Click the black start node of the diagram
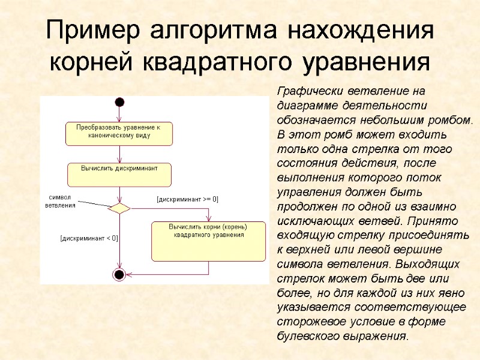pyautogui.click(x=119, y=102)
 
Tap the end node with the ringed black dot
pyautogui.click(x=119, y=275)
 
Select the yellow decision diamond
pyautogui.click(x=119, y=208)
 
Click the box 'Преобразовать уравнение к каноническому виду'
pyautogui.click(x=118, y=133)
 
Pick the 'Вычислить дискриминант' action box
pyautogui.click(x=119, y=175)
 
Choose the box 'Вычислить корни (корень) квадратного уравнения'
pyautogui.click(x=208, y=241)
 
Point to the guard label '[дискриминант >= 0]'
pyautogui.click(x=187, y=199)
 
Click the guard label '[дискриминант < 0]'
pyautogui.click(x=89, y=238)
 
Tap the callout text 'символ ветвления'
pyautogui.click(x=60, y=201)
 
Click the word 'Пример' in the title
pyautogui.click(x=92, y=31)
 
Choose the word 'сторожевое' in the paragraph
pyautogui.click(x=307, y=322)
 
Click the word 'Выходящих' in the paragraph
pyautogui.click(x=431, y=265)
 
